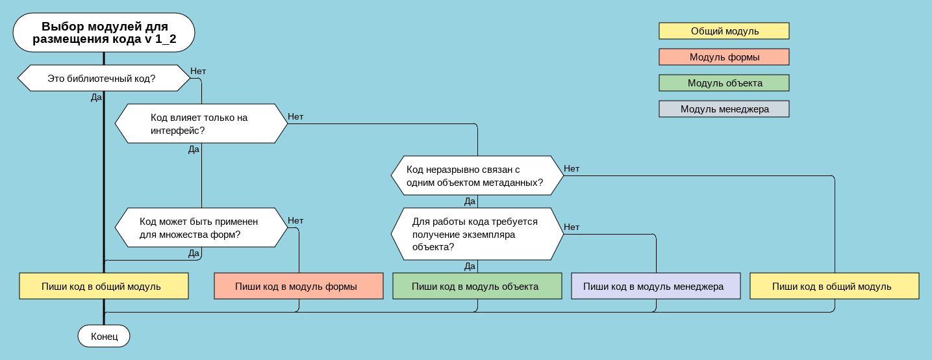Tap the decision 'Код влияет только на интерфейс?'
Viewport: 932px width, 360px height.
[201, 123]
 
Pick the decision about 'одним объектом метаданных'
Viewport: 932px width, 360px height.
[477, 175]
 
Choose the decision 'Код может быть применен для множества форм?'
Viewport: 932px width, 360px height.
[201, 227]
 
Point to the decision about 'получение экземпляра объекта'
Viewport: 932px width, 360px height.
[477, 234]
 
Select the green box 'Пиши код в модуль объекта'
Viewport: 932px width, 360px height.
[477, 286]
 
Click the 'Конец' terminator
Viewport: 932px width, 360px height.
[104, 336]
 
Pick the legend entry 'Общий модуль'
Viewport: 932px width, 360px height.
[724, 31]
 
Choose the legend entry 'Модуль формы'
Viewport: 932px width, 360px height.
[724, 57]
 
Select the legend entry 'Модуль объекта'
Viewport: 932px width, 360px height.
[724, 83]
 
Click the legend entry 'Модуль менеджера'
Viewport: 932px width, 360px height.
[724, 109]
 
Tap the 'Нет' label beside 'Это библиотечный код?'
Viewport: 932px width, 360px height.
[198, 71]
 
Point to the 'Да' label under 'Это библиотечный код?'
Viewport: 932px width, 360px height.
[96, 97]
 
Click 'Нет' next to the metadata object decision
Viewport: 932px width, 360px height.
[572, 168]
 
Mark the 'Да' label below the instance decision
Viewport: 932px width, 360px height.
[470, 266]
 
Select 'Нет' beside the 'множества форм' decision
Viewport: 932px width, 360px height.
[296, 220]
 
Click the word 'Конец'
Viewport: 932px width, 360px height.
[104, 337]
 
